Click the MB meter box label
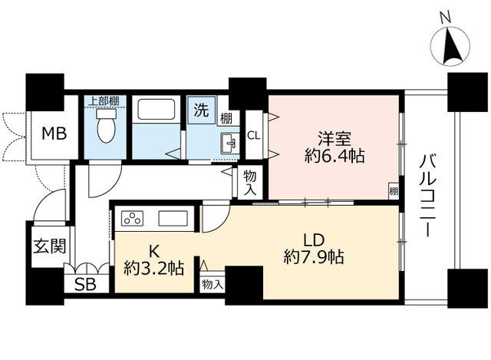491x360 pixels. [54, 134]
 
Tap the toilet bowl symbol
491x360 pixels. [106, 125]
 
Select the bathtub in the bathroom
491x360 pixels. [157, 109]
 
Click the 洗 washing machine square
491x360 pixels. [201, 110]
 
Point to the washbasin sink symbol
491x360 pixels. [230, 144]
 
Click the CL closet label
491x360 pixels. [254, 136]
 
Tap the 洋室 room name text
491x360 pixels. [334, 139]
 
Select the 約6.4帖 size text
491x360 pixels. [334, 156]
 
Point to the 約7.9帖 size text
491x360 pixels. [314, 257]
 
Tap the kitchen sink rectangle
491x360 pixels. [173, 219]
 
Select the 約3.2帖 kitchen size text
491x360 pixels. [153, 268]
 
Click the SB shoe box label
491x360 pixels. [85, 285]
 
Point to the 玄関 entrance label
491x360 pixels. [50, 246]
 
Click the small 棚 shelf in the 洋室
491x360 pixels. [394, 190]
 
